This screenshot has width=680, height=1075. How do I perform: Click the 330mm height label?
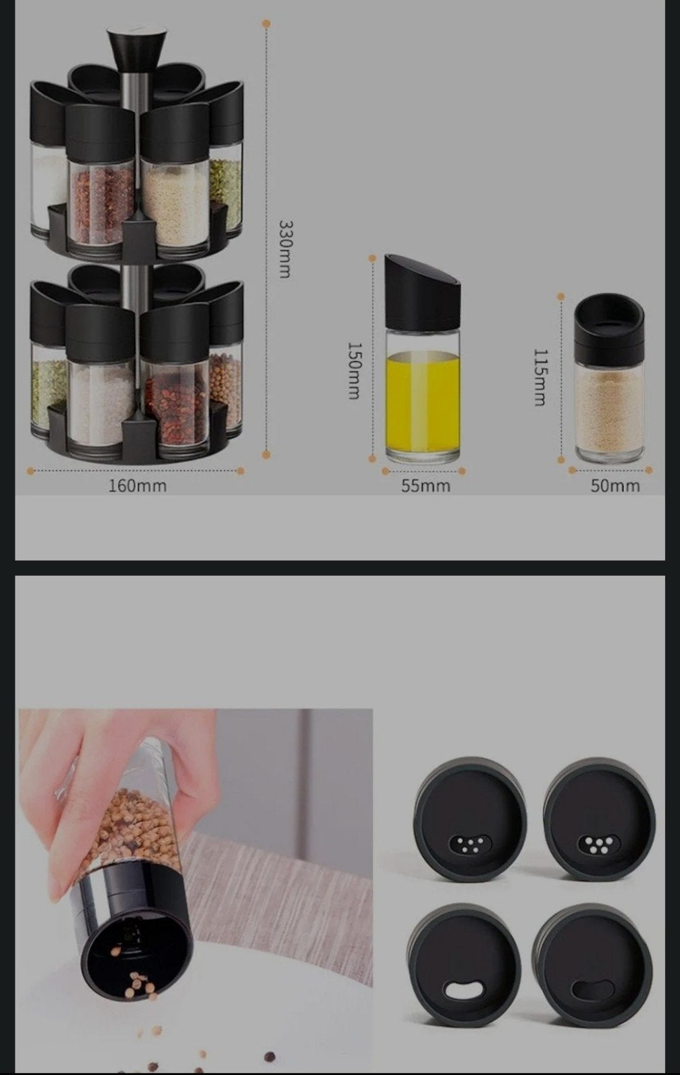click(x=285, y=249)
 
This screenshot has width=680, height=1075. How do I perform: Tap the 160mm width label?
click(x=138, y=486)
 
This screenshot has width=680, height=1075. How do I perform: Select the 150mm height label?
click(x=353, y=370)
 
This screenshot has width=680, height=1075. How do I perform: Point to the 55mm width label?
click(x=425, y=486)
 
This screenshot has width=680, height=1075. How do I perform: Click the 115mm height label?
click(x=540, y=377)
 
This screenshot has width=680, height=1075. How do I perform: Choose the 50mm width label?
click(x=615, y=486)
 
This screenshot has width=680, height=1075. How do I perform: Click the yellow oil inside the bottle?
click(x=422, y=401)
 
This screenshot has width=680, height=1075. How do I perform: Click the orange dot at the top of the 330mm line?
click(x=267, y=24)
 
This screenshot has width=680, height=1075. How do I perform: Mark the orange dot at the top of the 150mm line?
click(x=372, y=258)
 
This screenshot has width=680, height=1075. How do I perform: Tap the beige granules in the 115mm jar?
click(x=609, y=411)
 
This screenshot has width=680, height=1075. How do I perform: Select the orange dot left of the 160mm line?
click(x=31, y=471)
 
